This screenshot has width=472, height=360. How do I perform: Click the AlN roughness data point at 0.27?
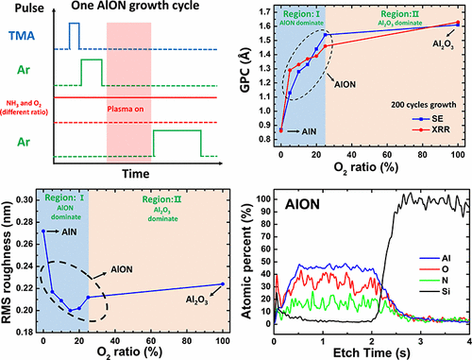pos(43,231)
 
